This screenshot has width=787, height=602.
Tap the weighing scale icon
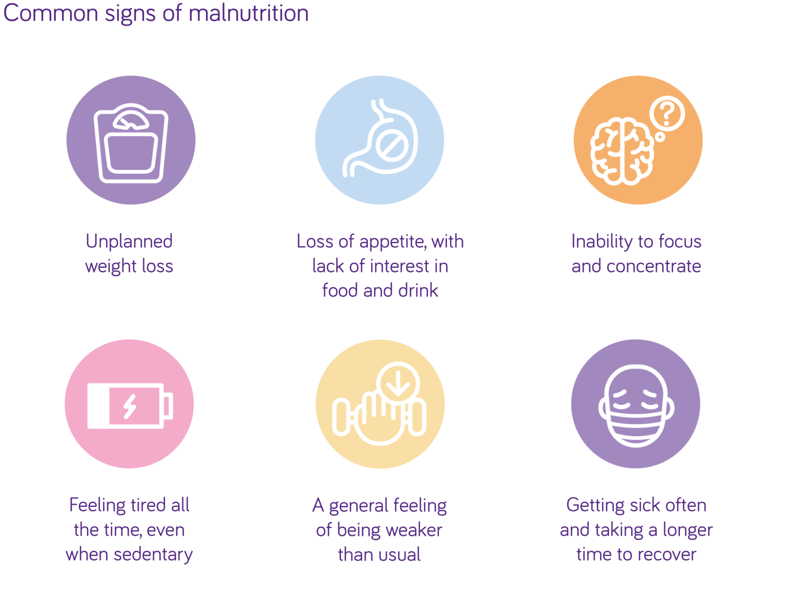tap(131, 143)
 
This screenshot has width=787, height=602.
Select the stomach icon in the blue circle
tap(380, 138)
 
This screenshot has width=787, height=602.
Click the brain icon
tap(621, 151)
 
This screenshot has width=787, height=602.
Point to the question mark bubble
tap(667, 114)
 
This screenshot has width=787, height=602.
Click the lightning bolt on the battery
tap(130, 406)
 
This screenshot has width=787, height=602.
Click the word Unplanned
tap(129, 241)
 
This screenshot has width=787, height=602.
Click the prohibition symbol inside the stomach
tap(393, 147)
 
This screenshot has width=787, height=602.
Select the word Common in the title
tap(50, 13)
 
